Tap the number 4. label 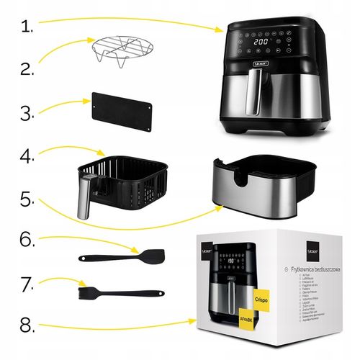28,156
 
